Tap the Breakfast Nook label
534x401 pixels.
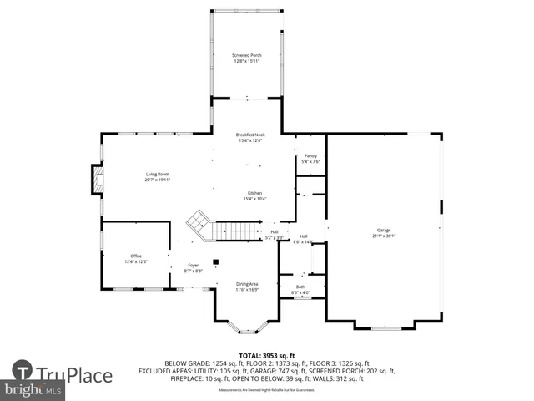[250, 135]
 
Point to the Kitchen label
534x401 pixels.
[254, 193]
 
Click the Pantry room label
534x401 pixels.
[310, 155]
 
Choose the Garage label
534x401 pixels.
[383, 230]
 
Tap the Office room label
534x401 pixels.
[136, 256]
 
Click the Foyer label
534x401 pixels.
[193, 266]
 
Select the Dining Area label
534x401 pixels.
[246, 284]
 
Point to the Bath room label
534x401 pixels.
[300, 287]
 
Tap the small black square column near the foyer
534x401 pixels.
[216, 261]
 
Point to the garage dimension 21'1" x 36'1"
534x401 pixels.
[383, 236]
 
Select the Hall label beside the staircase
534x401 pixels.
[274, 231]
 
